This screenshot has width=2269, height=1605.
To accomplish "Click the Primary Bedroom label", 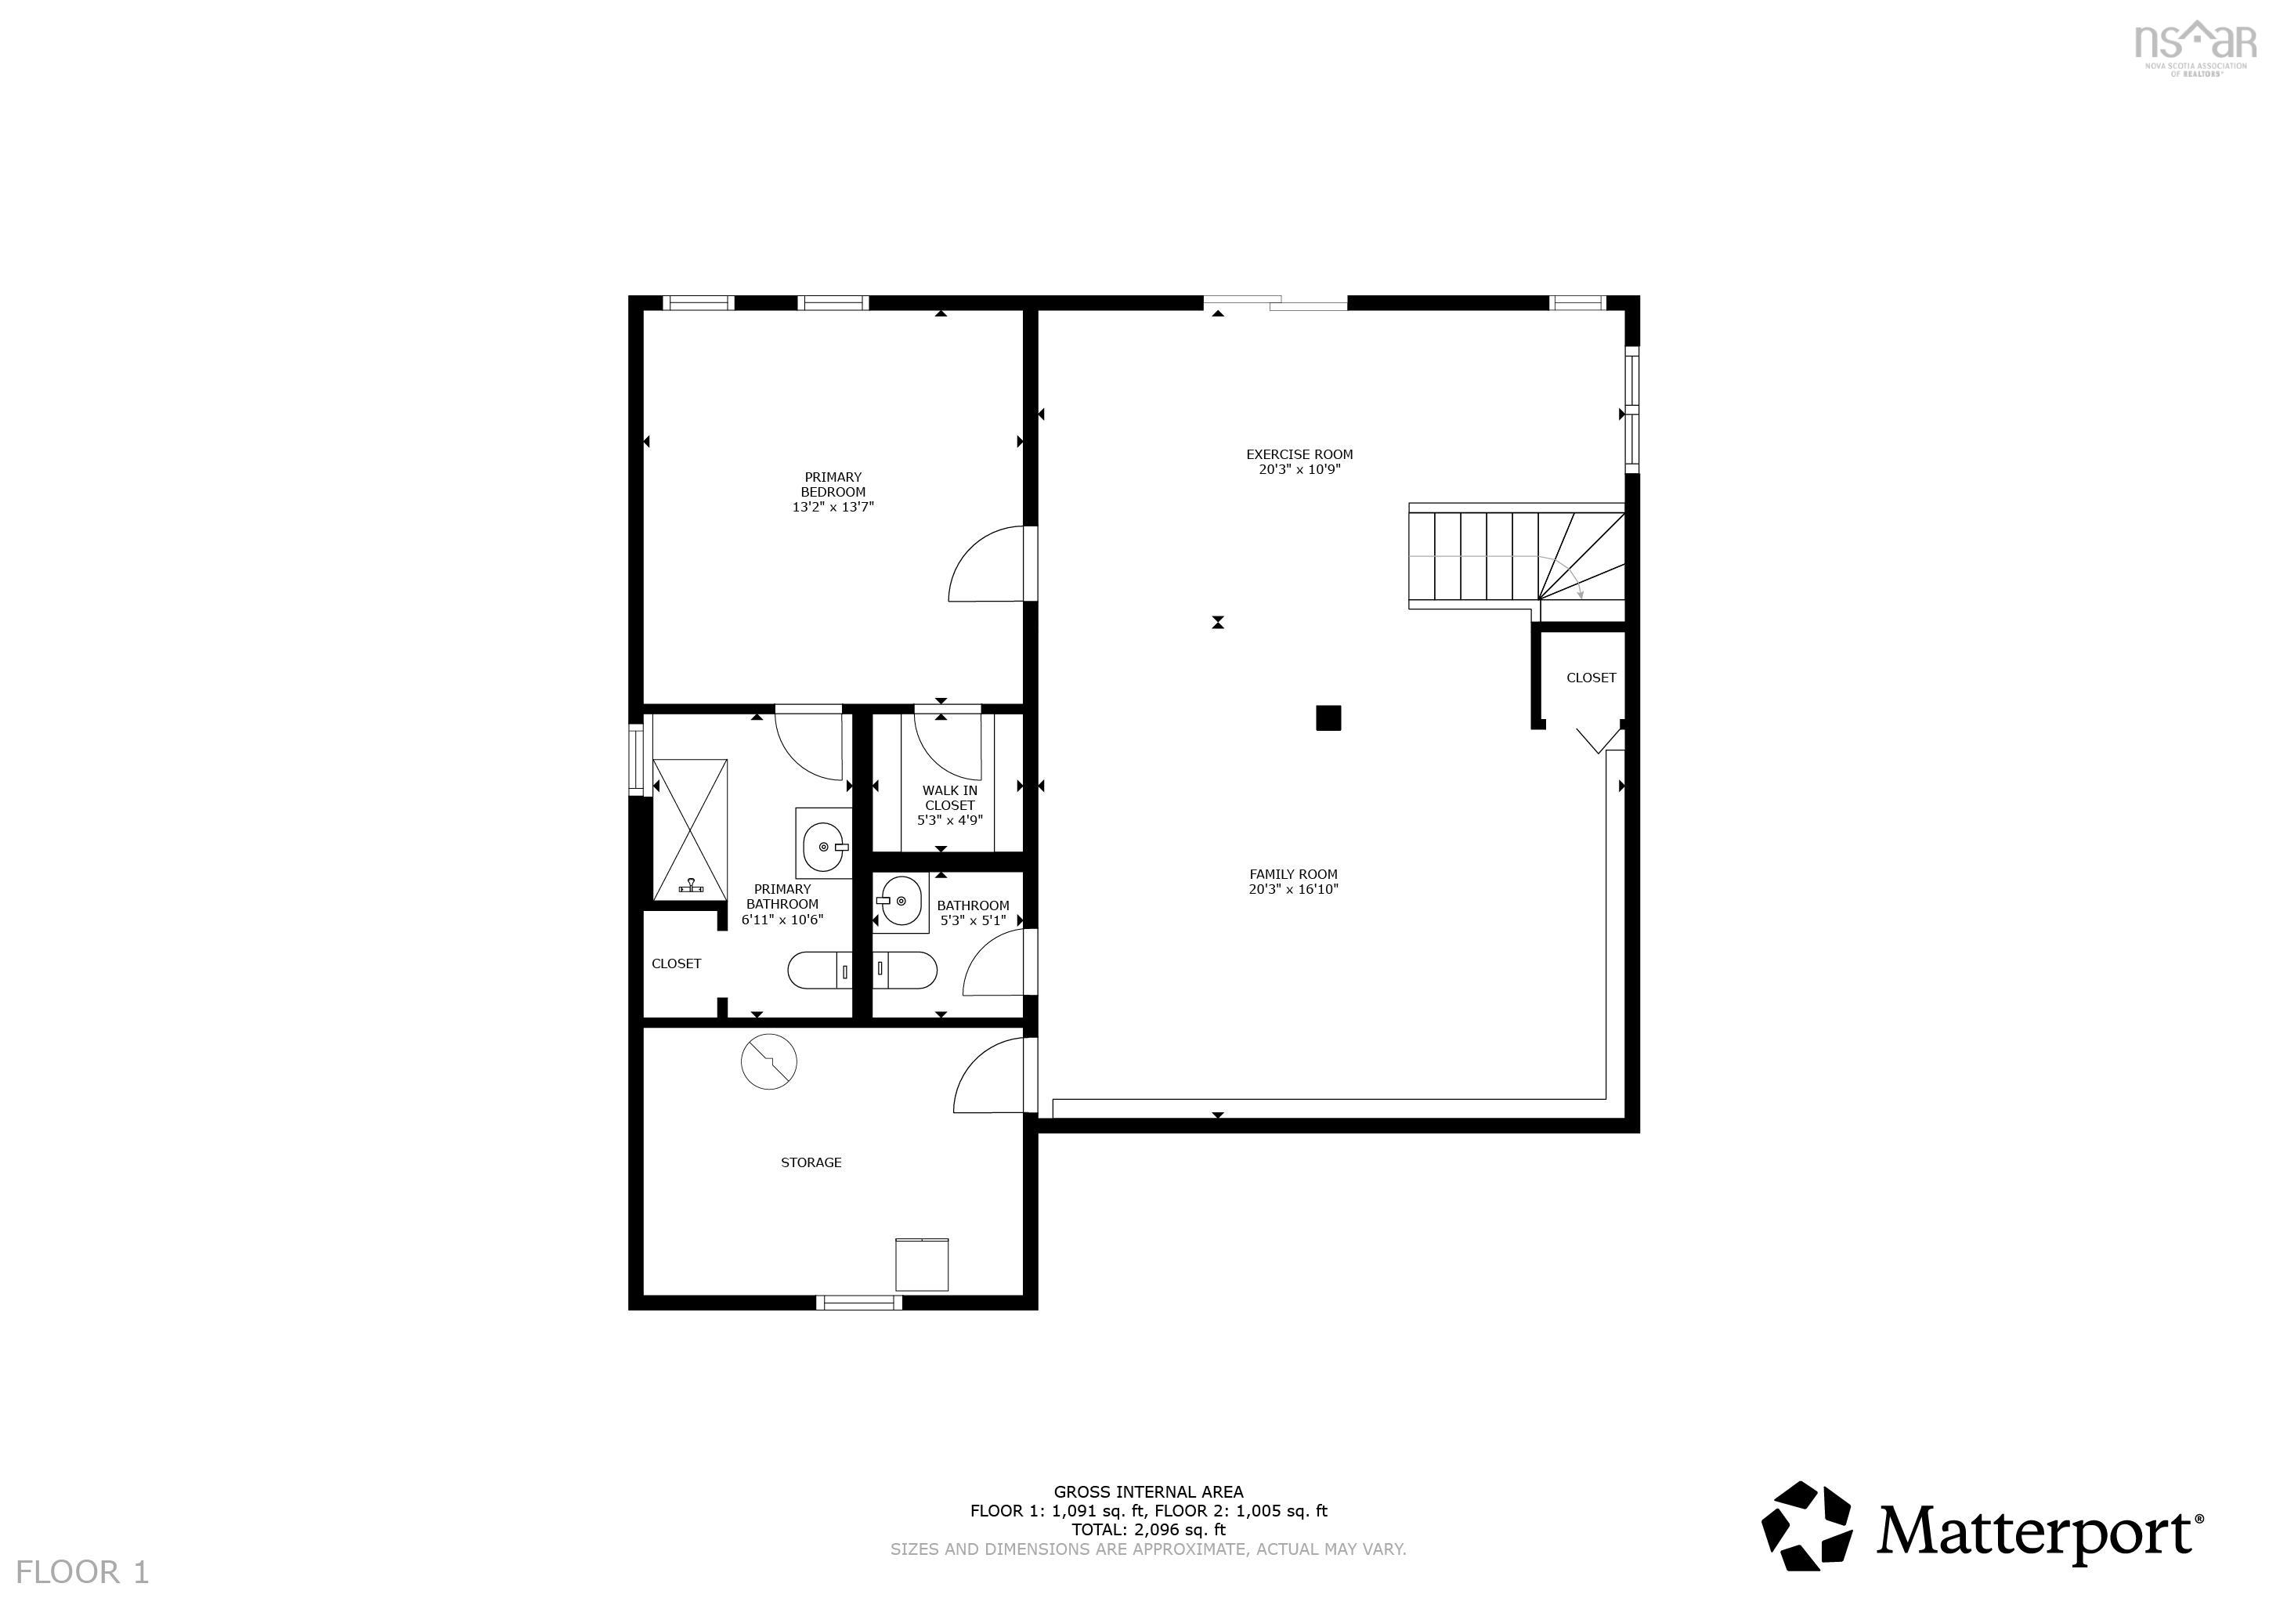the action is pyautogui.click(x=833, y=484).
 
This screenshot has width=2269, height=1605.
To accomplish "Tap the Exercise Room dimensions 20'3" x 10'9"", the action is pyautogui.click(x=1299, y=469).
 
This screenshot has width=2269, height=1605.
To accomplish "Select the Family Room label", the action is pyautogui.click(x=1294, y=873).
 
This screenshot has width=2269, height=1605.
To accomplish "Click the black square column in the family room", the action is pyautogui.click(x=1328, y=718).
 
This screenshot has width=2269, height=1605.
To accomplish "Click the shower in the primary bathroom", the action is pyautogui.click(x=690, y=830).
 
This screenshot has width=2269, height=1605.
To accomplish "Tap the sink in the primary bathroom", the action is pyautogui.click(x=823, y=846).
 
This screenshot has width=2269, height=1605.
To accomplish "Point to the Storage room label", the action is pyautogui.click(x=811, y=1162).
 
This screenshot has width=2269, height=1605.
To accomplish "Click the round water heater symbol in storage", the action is pyautogui.click(x=769, y=1061).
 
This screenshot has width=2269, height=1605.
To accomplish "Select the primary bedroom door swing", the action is pyautogui.click(x=985, y=563).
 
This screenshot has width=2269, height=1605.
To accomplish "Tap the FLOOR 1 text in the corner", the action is pyautogui.click(x=83, y=1571).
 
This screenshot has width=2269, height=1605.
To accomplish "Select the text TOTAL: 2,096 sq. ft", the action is pyautogui.click(x=1148, y=1529).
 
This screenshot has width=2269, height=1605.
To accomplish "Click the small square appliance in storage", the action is pyautogui.click(x=922, y=1264).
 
